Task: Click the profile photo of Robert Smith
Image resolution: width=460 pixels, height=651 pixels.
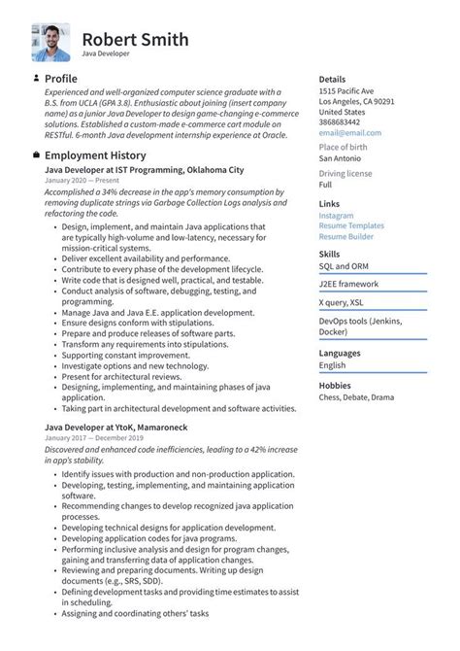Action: click(x=50, y=43)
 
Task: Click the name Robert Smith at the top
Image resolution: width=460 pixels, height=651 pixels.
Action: click(x=135, y=40)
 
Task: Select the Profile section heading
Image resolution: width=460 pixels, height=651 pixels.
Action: click(x=60, y=78)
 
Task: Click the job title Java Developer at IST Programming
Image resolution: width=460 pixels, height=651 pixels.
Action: click(x=142, y=169)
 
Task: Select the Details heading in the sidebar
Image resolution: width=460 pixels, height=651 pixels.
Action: click(x=332, y=79)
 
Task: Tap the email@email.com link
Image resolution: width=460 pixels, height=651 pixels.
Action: click(x=344, y=133)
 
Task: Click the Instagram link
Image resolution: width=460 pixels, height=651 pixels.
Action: click(x=336, y=216)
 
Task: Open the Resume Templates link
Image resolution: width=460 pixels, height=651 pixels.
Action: click(x=351, y=225)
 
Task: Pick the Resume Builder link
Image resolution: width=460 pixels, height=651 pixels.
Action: click(x=345, y=236)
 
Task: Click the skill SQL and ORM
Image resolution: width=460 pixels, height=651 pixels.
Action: click(x=345, y=265)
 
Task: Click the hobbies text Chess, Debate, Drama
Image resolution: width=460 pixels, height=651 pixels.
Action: click(x=356, y=396)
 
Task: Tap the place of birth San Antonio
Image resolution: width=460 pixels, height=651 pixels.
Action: click(x=341, y=158)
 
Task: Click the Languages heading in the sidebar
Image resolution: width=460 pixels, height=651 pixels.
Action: click(x=340, y=354)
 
